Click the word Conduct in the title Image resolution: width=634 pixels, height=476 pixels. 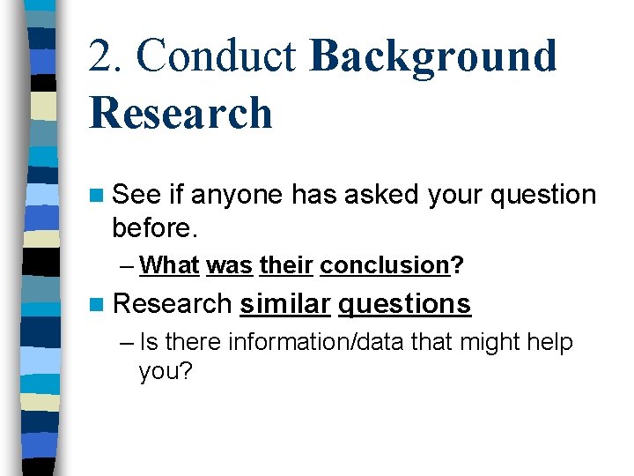215,56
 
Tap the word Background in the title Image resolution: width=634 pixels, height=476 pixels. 433,56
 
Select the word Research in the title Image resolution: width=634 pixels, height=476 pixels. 181,113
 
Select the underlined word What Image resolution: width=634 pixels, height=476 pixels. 169,264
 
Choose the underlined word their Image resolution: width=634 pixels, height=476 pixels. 286,264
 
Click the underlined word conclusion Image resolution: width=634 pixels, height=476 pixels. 385,264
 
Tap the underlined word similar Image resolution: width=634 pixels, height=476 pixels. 285,303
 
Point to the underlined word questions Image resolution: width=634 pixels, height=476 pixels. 404,303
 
